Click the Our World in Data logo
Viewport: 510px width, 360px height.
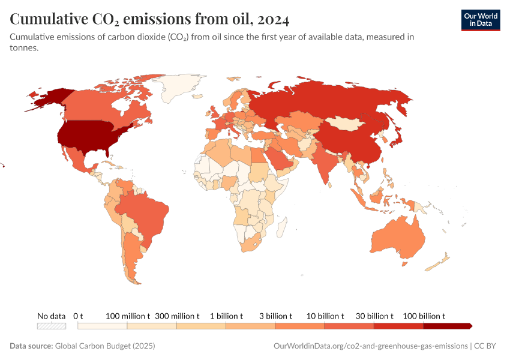click(x=480, y=19)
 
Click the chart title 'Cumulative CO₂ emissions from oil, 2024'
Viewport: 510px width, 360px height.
click(x=149, y=20)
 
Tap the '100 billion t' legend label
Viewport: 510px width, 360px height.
click(x=424, y=316)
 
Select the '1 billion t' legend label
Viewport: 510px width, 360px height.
click(x=226, y=316)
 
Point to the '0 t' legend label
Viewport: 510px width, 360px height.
click(x=78, y=316)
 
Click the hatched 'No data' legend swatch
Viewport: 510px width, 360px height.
click(x=51, y=326)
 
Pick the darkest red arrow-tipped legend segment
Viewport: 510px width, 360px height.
click(x=447, y=326)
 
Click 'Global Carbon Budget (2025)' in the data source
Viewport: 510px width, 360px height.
click(x=105, y=346)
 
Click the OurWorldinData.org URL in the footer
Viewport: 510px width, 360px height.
click(x=370, y=346)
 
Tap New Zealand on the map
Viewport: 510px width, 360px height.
click(x=441, y=260)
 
